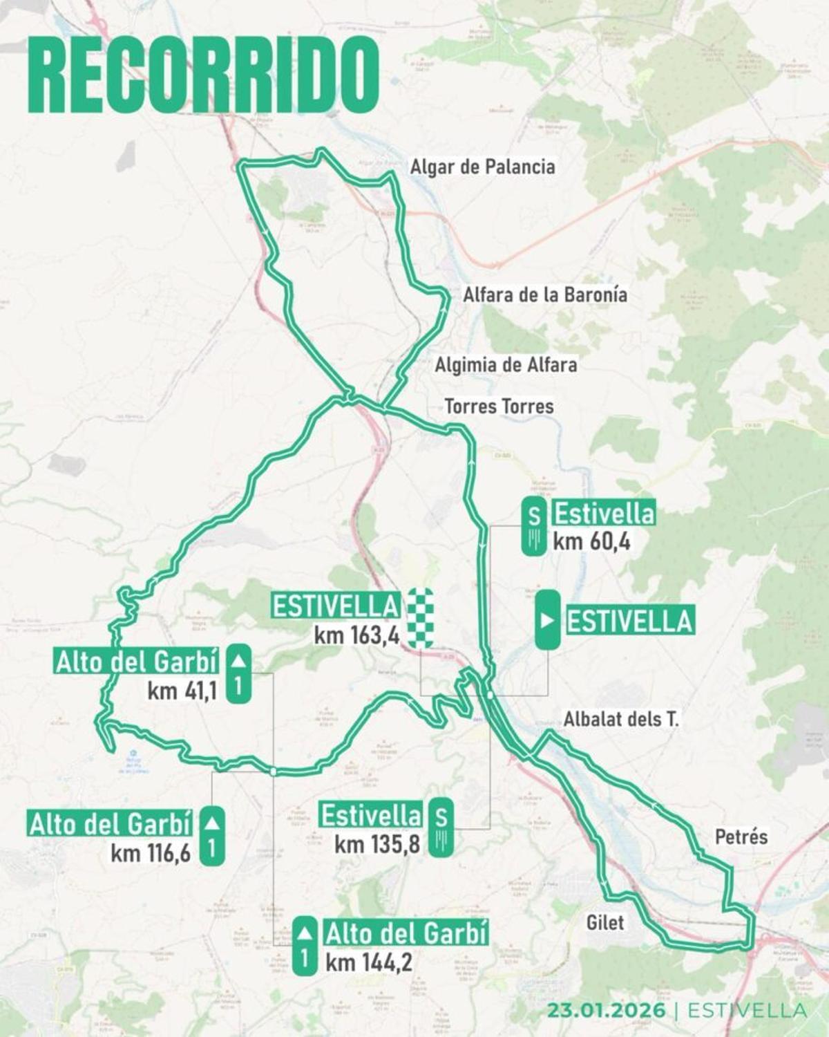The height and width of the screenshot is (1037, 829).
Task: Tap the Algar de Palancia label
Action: click(482, 167)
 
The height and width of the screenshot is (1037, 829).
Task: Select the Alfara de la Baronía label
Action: click(544, 295)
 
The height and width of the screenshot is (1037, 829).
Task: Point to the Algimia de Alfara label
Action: click(505, 364)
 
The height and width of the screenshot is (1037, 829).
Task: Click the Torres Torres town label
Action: click(499, 406)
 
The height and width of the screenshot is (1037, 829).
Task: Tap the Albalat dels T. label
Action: click(621, 719)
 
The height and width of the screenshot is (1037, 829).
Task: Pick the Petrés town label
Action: click(741, 837)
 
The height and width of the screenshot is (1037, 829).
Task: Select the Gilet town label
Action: click(604, 922)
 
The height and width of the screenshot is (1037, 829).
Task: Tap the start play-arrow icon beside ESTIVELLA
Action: click(547, 620)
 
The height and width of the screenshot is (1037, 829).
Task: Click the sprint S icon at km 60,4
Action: click(533, 526)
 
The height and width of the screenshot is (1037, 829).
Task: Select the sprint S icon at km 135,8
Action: click(441, 827)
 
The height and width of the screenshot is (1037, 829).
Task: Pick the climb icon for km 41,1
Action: click(238, 674)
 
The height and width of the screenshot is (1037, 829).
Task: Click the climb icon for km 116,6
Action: click(212, 835)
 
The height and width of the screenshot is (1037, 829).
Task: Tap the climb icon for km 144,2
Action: click(305, 946)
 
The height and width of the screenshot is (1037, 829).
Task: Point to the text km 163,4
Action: click(356, 635)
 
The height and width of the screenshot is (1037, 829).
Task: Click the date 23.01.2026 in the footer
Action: click(607, 1010)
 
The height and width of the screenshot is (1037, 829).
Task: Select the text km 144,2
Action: click(368, 962)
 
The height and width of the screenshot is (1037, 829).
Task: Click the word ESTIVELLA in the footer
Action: click(747, 1010)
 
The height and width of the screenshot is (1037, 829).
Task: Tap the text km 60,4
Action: click(591, 541)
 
